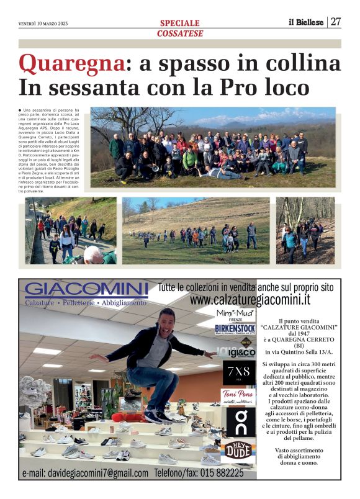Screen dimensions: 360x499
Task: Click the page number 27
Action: (x=336, y=22)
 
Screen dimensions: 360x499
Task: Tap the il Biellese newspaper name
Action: (x=306, y=22)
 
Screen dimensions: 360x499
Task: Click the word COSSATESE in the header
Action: (x=179, y=33)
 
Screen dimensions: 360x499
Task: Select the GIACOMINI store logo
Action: (x=86, y=290)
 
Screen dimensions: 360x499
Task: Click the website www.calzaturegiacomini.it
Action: (x=250, y=300)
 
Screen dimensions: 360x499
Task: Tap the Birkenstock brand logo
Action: (x=235, y=329)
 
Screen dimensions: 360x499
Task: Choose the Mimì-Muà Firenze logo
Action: (x=235, y=314)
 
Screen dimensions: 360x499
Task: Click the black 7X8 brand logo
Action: (x=235, y=372)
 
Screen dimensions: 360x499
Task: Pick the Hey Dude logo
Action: (x=236, y=451)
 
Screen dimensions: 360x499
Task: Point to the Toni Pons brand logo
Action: (x=235, y=395)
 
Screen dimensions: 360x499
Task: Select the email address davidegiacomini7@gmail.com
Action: (x=85, y=473)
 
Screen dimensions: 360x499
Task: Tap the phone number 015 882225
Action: (x=222, y=473)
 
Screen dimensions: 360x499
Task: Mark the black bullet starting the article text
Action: (x=20, y=110)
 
